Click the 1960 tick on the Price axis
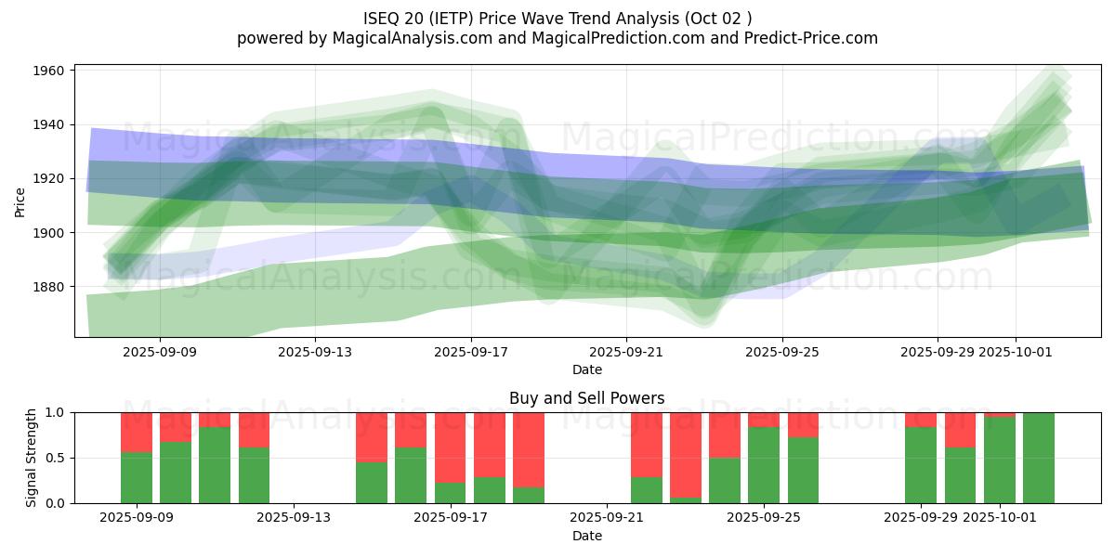[50, 71]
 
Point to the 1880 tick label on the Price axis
[50, 287]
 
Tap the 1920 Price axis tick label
[50, 178]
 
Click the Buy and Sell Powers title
[586, 398]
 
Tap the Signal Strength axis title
[32, 458]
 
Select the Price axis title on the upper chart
[20, 201]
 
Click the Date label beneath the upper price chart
[586, 369]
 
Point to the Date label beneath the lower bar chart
[586, 536]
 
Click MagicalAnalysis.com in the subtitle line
[404, 38]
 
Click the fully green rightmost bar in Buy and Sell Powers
[1038, 458]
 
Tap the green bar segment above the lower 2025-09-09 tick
[137, 477]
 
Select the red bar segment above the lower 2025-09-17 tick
[450, 447]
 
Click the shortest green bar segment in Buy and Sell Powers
[685, 500]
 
